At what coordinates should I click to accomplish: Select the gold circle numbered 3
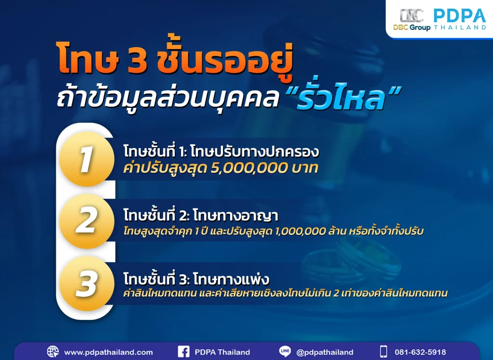[87, 283]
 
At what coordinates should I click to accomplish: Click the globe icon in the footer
[53, 352]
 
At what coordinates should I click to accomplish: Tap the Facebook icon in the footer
[183, 352]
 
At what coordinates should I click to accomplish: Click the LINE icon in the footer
[285, 352]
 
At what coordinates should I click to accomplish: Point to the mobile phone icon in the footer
[383, 352]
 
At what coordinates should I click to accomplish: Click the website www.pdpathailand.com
[108, 352]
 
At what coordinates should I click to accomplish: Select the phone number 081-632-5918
[420, 352]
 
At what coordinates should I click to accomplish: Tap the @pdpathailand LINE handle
[325, 352]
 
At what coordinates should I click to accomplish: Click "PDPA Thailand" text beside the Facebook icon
[222, 352]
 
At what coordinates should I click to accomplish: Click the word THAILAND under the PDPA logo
[459, 27]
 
